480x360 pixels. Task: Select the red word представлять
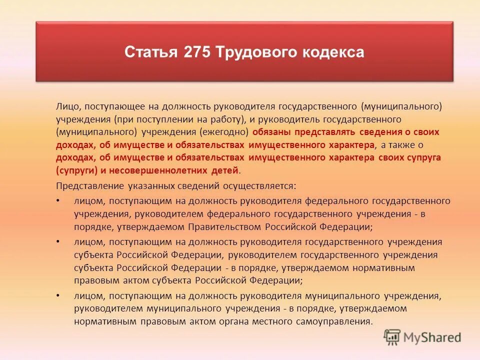tap(324, 132)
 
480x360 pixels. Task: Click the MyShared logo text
tap(433, 337)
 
